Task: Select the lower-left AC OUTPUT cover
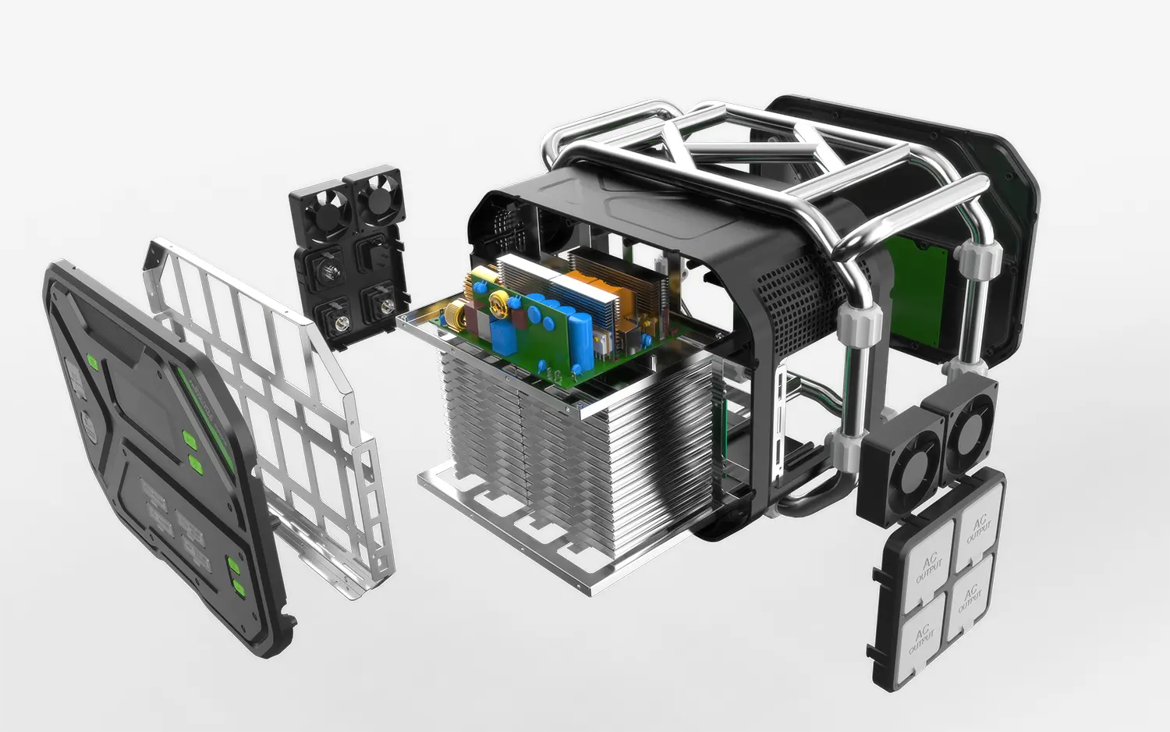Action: pos(923,638)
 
